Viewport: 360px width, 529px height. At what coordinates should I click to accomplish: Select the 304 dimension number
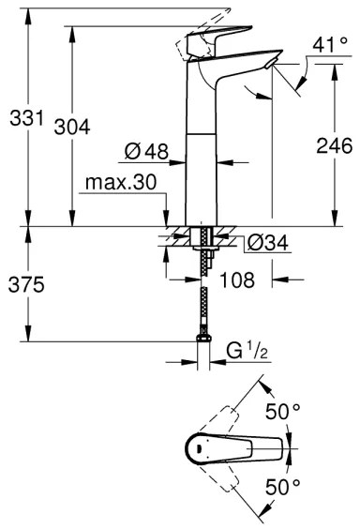click(x=72, y=128)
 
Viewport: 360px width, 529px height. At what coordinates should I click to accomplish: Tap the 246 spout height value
click(x=333, y=146)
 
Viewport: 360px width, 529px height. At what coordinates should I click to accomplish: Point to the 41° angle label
click(x=322, y=45)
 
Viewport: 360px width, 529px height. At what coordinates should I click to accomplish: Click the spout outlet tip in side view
click(x=272, y=63)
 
